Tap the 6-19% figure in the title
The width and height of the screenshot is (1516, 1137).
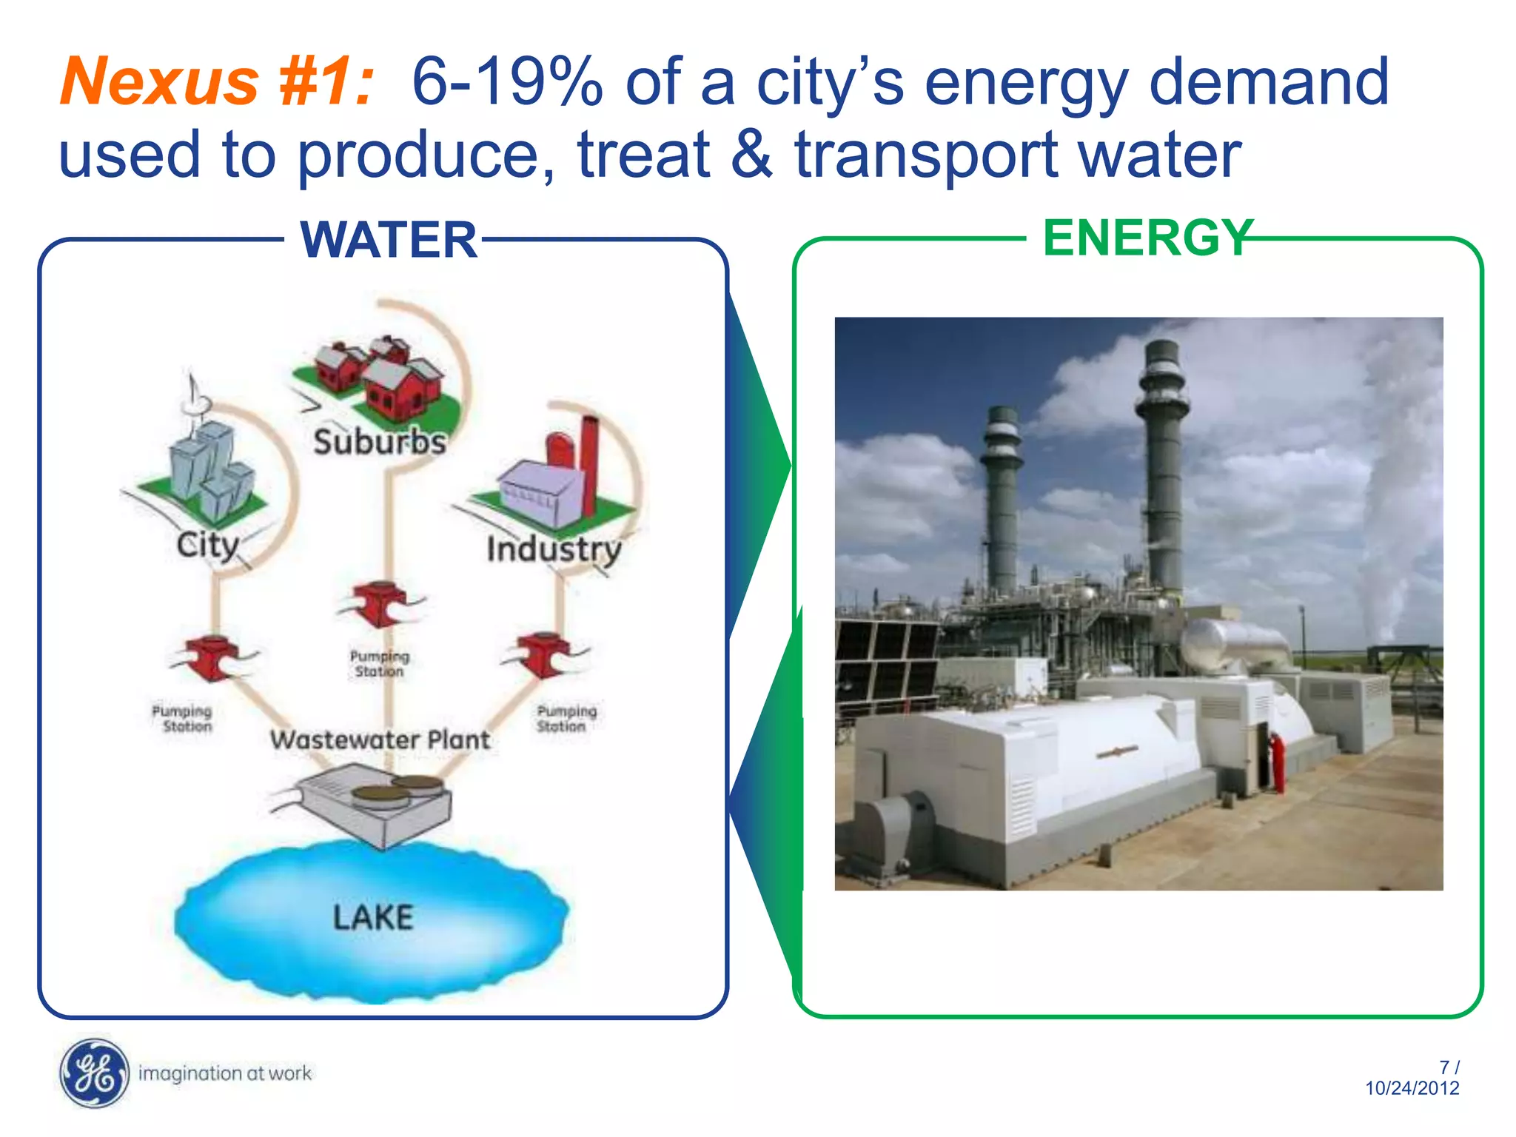[x=507, y=81]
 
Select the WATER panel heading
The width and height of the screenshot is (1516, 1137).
[x=389, y=241]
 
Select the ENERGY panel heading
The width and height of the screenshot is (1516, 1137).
[x=1147, y=238]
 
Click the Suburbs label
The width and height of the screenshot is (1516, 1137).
[x=380, y=442]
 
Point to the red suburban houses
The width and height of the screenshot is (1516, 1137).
[x=378, y=374]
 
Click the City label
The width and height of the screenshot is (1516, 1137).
[x=207, y=546]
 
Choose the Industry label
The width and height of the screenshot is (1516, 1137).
[x=554, y=549]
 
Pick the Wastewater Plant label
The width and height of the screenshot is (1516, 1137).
[x=380, y=739]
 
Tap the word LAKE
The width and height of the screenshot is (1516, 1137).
[x=372, y=918]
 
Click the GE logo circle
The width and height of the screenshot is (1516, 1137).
[x=94, y=1073]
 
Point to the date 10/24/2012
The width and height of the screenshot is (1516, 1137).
[x=1412, y=1088]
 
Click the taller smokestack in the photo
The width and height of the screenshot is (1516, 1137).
[x=1164, y=466]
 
